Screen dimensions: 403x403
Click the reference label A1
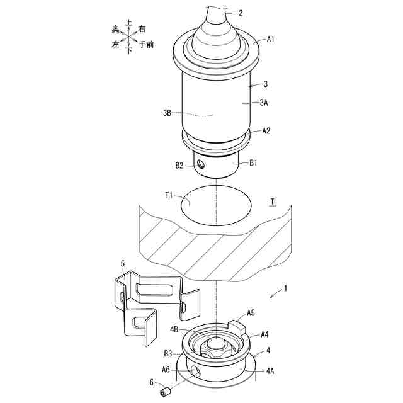(x=270, y=39)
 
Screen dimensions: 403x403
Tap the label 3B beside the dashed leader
(x=167, y=113)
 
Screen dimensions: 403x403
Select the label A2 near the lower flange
(x=266, y=131)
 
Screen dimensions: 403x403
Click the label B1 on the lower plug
(x=253, y=163)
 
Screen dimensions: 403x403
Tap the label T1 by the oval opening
(x=169, y=196)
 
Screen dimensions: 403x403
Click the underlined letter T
(x=273, y=201)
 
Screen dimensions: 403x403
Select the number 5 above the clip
(x=123, y=263)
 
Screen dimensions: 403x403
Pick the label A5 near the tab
(x=251, y=313)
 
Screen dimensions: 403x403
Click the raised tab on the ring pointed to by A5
(x=237, y=327)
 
